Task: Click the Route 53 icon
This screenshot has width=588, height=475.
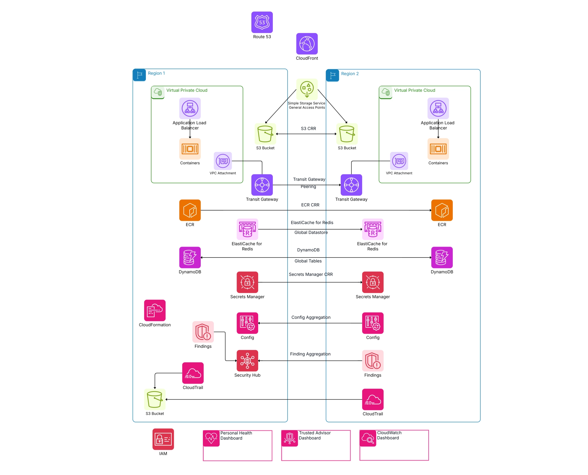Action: coord(262,22)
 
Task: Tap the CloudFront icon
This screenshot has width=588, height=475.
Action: coord(307,44)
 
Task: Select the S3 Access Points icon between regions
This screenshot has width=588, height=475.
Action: coord(307,89)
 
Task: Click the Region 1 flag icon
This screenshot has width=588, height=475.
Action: coord(139,75)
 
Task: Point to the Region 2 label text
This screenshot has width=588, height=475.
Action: coord(350,74)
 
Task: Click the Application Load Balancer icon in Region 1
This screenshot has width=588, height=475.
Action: coord(190,108)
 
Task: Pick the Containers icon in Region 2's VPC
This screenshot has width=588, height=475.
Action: coord(438,149)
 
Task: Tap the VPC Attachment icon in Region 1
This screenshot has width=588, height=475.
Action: coord(223,161)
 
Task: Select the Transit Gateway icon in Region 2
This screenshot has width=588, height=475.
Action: coord(351,185)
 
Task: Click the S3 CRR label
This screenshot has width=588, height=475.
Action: coord(308,129)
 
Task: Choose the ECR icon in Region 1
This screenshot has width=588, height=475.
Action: coord(190,210)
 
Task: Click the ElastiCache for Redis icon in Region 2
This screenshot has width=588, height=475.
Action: coord(373,229)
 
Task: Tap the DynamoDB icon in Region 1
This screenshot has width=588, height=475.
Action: coord(190,258)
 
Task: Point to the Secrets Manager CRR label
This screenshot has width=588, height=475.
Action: coord(311,274)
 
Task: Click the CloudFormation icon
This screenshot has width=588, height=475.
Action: coord(155,310)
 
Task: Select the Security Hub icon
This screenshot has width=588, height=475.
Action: coord(247,361)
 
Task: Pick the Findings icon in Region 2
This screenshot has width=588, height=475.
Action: coord(373,361)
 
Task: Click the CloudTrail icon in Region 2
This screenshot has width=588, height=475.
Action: coord(373,399)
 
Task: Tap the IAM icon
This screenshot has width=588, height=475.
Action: coord(163,439)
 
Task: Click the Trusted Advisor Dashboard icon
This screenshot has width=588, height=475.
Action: coord(290,438)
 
